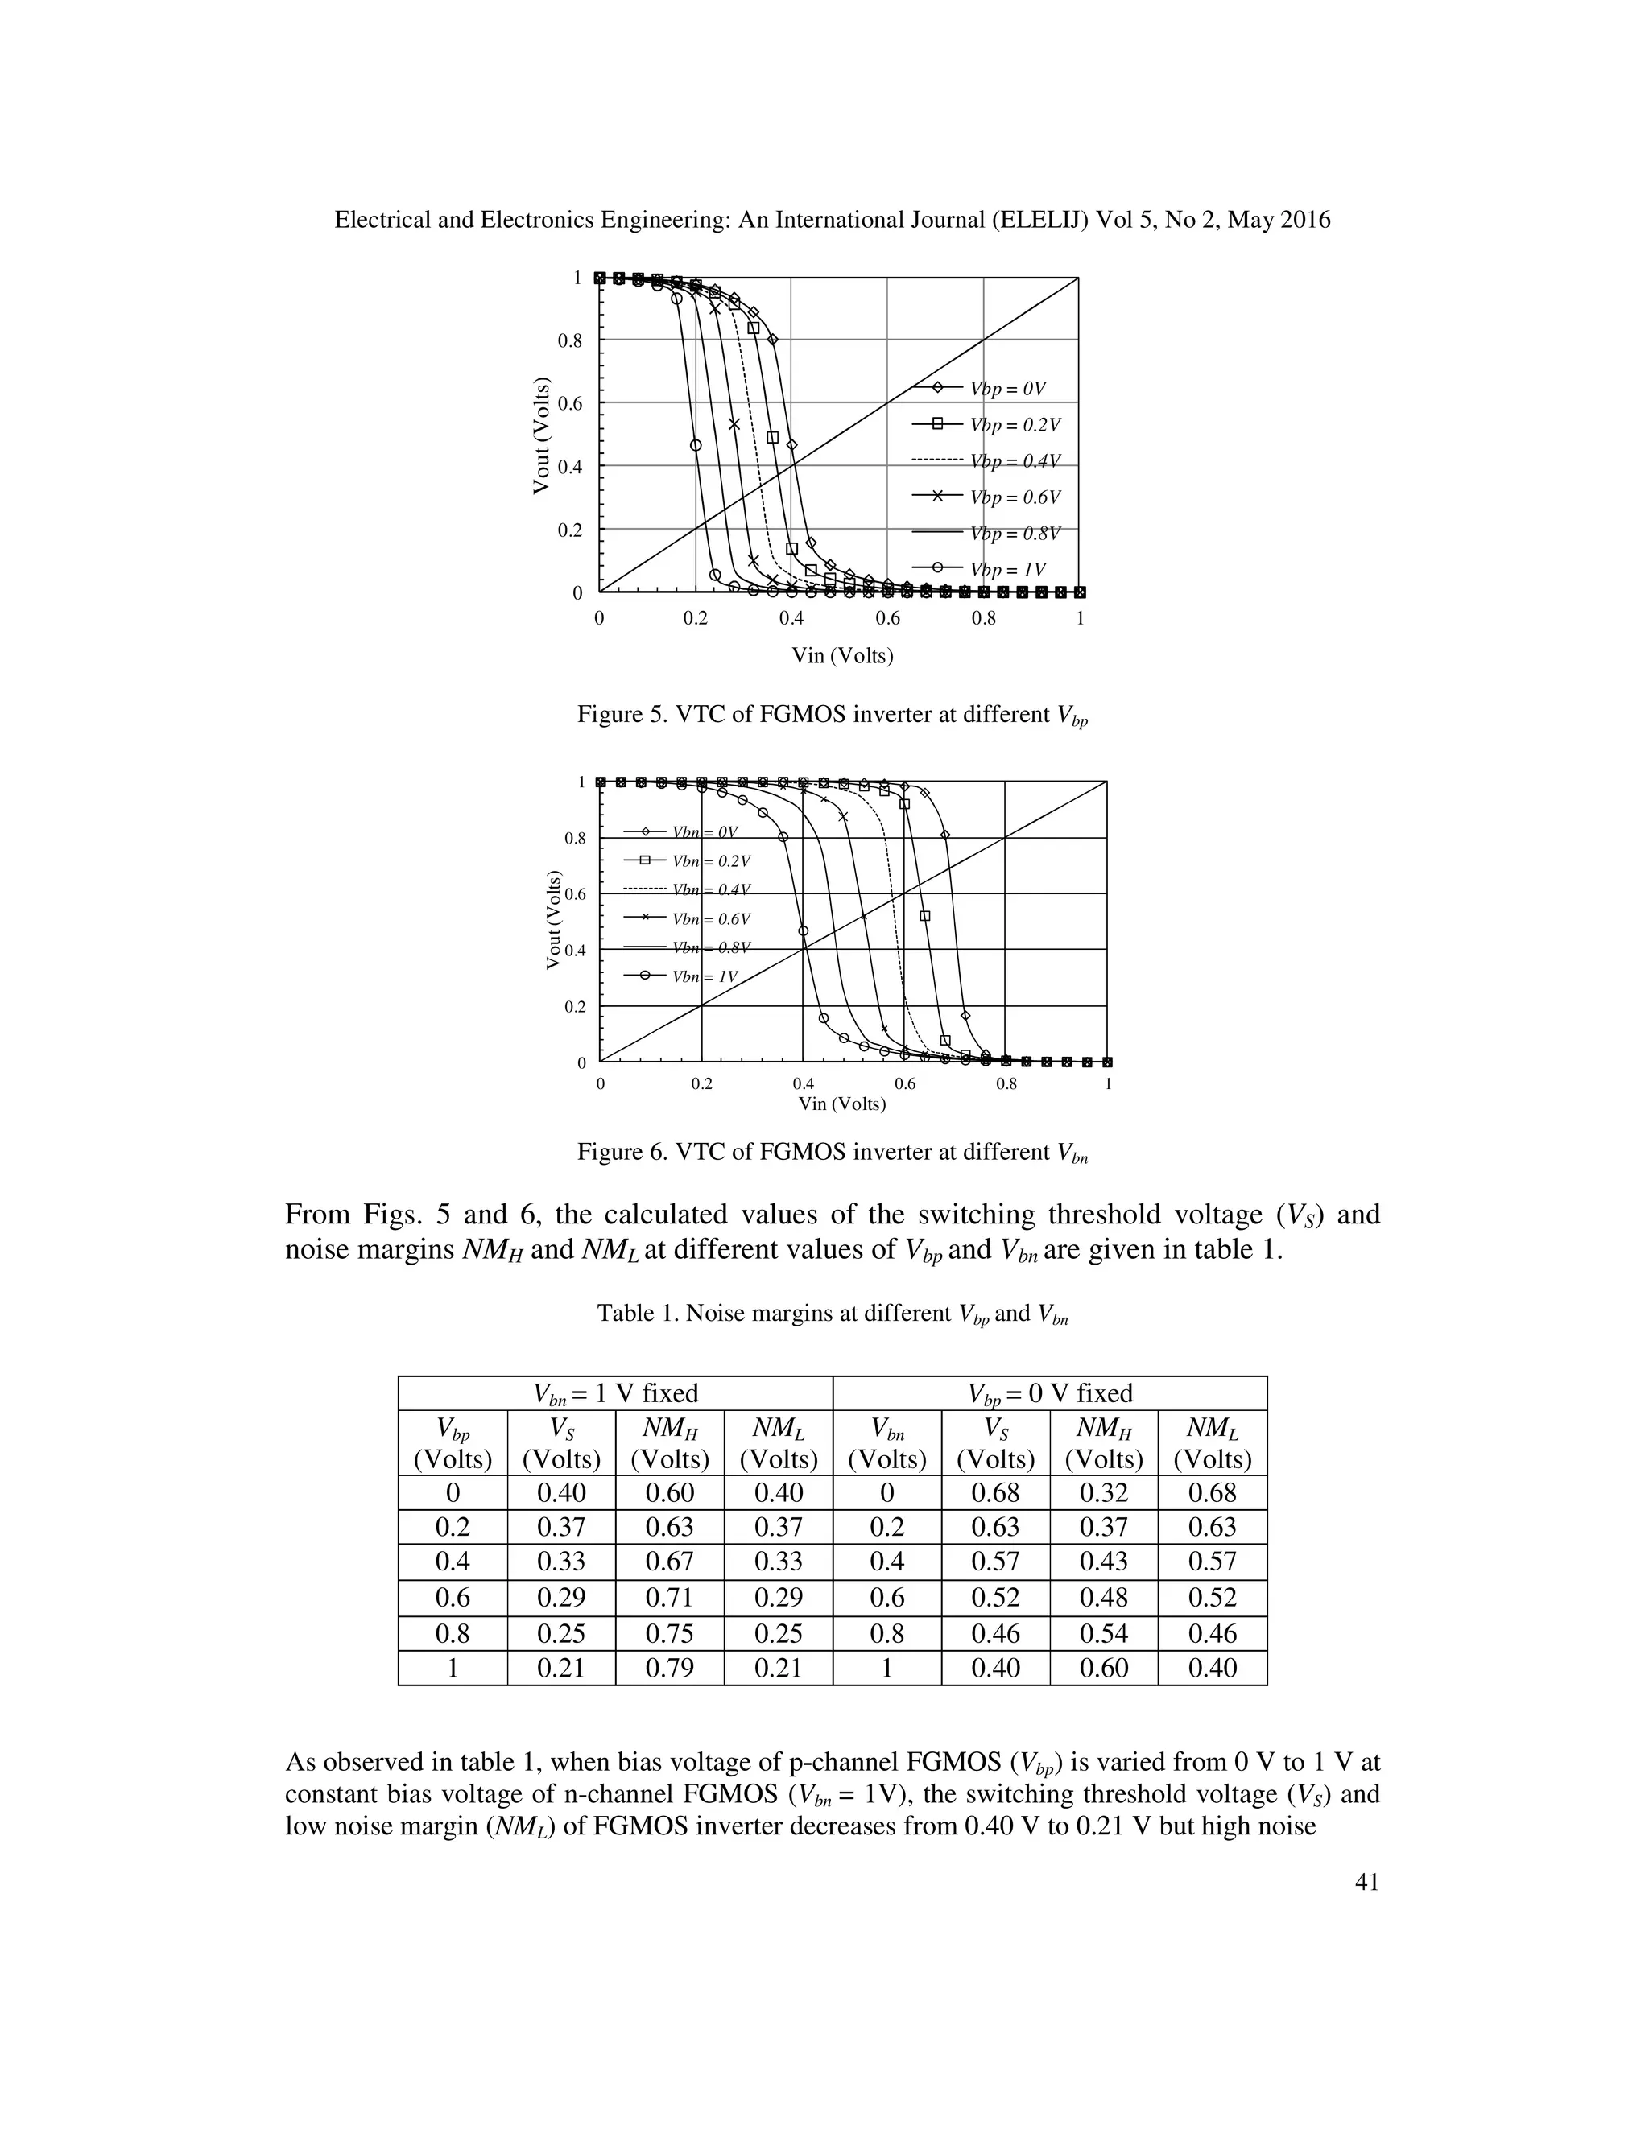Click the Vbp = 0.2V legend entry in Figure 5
coord(1014,425)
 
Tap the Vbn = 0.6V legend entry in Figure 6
coord(710,919)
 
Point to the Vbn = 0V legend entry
coord(704,832)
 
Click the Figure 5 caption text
coord(833,715)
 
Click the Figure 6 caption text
coord(833,1153)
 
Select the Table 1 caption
coord(833,1314)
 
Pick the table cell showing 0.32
coord(1103,1492)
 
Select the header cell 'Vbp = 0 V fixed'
coord(1050,1392)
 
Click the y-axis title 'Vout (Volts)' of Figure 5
coord(540,435)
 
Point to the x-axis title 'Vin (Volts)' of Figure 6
coord(841,1104)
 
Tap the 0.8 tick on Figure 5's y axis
coord(568,340)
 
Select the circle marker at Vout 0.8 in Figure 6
coord(783,837)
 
